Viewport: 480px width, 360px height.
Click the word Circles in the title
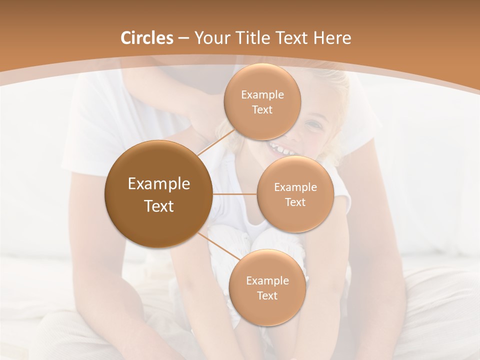[x=146, y=38]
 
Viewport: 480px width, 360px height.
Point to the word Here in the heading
[x=332, y=38]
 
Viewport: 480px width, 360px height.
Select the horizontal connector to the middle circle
[x=234, y=194]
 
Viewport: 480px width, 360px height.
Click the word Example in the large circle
[x=159, y=184]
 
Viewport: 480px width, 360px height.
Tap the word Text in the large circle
[x=159, y=206]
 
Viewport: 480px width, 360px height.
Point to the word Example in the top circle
[x=262, y=95]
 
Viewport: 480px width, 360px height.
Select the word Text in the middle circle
[x=295, y=202]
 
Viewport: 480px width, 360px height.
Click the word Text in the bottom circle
[x=267, y=295]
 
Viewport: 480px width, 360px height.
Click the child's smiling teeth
[x=280, y=148]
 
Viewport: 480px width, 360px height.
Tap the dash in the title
[x=183, y=38]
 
